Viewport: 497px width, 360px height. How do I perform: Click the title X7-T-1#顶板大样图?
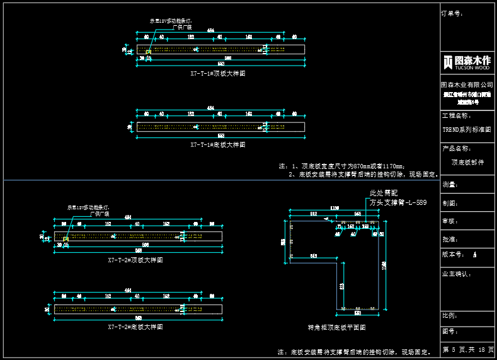coord(218,73)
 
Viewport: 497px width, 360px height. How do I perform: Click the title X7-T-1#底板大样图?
coord(218,144)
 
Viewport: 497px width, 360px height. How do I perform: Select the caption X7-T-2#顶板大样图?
coord(135,259)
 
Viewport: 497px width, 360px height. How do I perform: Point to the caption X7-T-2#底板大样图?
coord(135,327)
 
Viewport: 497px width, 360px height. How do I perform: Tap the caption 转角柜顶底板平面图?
coord(336,327)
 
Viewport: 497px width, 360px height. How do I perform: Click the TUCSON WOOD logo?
coord(467,61)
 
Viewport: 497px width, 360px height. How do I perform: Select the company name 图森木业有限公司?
coord(467,84)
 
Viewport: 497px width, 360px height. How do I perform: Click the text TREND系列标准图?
coord(466,129)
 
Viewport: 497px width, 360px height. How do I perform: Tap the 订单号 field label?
coord(453,13)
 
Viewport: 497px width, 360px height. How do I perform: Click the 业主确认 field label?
coord(457,274)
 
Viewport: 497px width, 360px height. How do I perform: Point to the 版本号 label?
coord(454,254)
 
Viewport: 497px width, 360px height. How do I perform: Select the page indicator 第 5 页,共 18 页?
coord(468,349)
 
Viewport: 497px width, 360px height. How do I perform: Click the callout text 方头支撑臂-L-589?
coord(398,202)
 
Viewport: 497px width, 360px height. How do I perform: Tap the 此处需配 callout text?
coord(384,193)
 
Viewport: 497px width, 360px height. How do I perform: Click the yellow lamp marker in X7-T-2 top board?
coord(66,239)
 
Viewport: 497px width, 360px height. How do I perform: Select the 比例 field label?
coord(450,315)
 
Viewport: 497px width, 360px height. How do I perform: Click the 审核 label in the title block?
coord(450,221)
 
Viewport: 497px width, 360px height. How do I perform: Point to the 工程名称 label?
coord(457,116)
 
